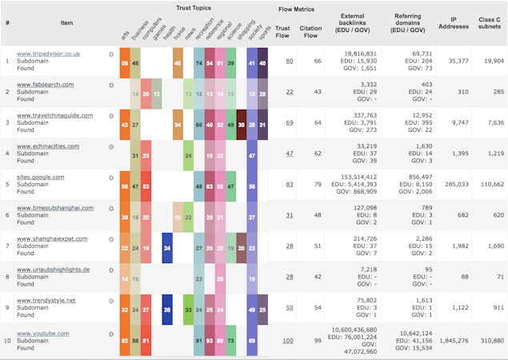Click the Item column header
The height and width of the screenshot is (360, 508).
(66, 22)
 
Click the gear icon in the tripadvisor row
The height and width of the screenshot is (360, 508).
(111, 54)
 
